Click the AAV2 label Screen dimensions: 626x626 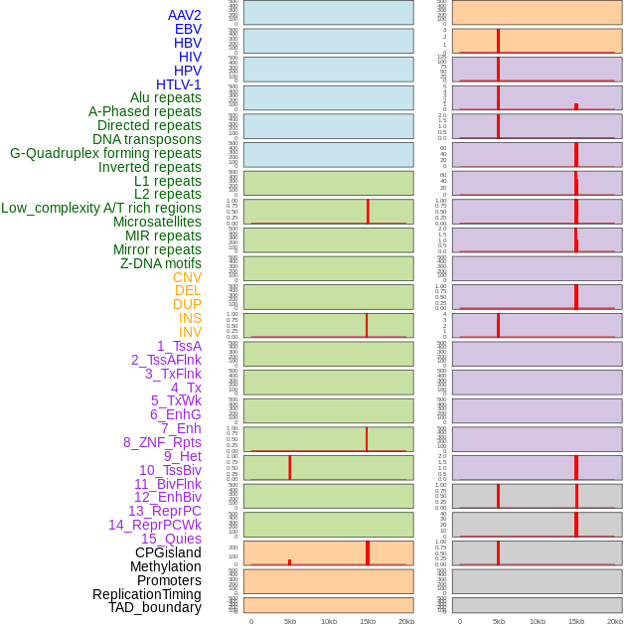(184, 15)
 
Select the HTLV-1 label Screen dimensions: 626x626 (178, 84)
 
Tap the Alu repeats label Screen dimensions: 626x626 (165, 98)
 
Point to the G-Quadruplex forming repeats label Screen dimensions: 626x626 (105, 153)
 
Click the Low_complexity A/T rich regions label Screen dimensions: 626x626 (101, 208)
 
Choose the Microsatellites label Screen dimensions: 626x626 (157, 222)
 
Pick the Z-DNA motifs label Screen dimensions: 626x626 (160, 263)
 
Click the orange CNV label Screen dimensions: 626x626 (187, 277)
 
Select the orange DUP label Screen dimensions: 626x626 (187, 304)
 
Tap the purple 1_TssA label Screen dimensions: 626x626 (179, 346)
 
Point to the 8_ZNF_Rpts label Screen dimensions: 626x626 (162, 442)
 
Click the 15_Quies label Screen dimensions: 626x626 (171, 539)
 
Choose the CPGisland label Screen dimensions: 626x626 (168, 552)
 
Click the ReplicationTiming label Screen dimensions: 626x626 (147, 594)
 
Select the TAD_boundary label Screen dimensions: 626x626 (155, 607)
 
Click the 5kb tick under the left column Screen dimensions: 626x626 (290, 621)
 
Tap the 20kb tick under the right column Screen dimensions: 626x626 (615, 621)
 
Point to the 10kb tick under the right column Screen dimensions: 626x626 (538, 621)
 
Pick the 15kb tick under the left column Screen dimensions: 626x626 (368, 621)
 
